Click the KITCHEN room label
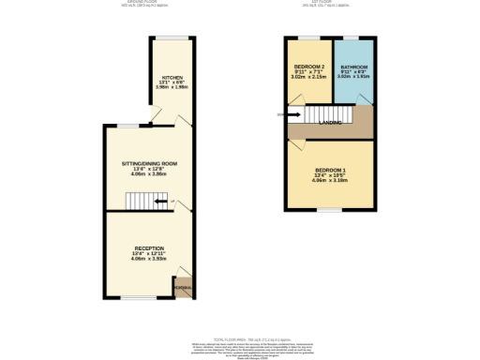(x=172, y=77)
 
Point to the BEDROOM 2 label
(x=309, y=67)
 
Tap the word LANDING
(x=330, y=121)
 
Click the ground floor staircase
(x=141, y=202)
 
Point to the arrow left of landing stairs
(x=282, y=115)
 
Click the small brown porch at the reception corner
(x=186, y=290)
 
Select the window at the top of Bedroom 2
(x=309, y=37)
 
